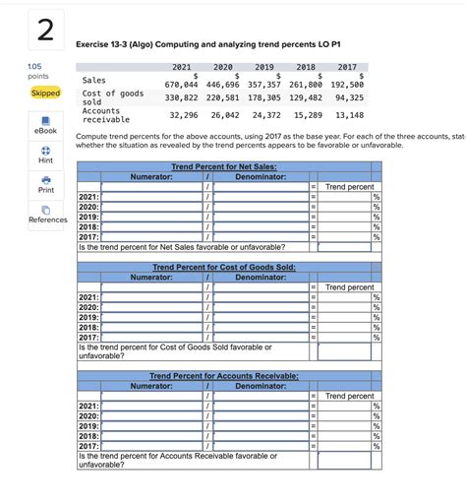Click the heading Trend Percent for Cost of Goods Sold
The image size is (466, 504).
225,268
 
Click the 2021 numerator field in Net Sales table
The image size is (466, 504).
151,198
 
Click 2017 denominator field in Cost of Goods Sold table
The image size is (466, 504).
261,338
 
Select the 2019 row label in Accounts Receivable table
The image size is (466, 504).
87,426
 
